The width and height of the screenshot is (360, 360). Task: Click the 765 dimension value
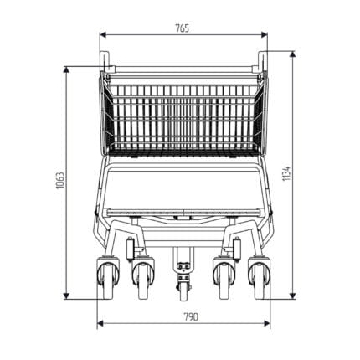tap(183, 28)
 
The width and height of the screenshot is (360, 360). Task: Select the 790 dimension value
tap(191, 317)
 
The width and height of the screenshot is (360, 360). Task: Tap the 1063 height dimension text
tap(60, 180)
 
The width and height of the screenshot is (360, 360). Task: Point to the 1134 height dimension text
tap(286, 173)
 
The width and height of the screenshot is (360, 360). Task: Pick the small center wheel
tap(183, 291)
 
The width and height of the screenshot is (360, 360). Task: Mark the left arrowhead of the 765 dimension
tap(103, 35)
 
